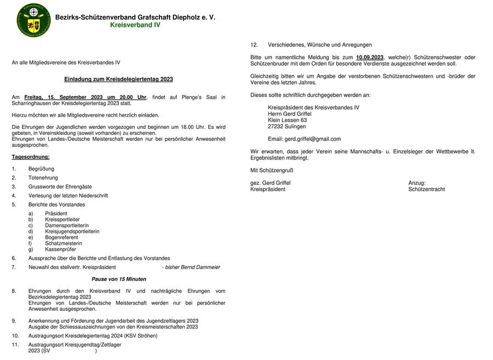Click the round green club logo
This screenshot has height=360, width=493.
pyautogui.click(x=33, y=20)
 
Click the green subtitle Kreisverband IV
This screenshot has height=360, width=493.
pyautogui.click(x=135, y=25)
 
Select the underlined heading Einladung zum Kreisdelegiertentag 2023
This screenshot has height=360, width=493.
pyautogui.click(x=118, y=79)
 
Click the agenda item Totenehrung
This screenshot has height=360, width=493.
pyautogui.click(x=43, y=178)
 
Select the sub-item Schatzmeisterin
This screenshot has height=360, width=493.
pyautogui.click(x=64, y=243)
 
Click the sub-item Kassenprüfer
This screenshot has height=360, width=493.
pyautogui.click(x=60, y=249)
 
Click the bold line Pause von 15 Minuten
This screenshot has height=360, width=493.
pyautogui.click(x=119, y=279)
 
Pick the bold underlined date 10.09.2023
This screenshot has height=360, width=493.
pyautogui.click(x=370, y=57)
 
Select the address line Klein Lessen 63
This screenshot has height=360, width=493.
pyautogui.click(x=287, y=120)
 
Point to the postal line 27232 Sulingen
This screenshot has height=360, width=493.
pyautogui.click(x=287, y=127)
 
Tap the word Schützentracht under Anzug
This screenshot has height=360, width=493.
pyautogui.click(x=426, y=190)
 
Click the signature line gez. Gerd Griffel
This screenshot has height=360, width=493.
pyautogui.click(x=271, y=183)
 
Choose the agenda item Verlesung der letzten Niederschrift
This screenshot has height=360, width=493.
pyautogui.click(x=68, y=196)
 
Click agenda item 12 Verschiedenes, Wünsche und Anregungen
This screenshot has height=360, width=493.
pyautogui.click(x=319, y=45)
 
